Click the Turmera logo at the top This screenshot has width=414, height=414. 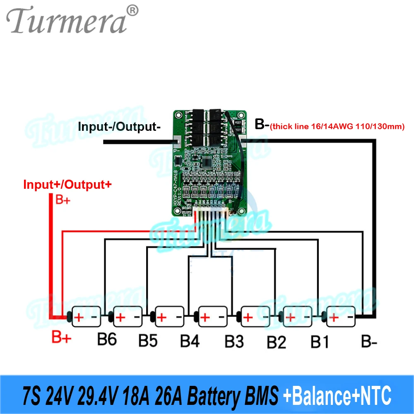click(x=66, y=21)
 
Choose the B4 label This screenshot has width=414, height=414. click(x=190, y=341)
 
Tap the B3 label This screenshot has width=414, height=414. click(x=234, y=342)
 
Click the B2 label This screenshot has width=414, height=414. click(x=277, y=342)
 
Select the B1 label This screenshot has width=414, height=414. click(x=320, y=342)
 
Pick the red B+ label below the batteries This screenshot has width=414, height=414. click(x=61, y=338)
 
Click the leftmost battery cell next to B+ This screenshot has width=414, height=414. click(x=87, y=317)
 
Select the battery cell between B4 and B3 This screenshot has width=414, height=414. click(x=213, y=317)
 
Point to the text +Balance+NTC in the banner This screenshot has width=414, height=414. click(x=337, y=396)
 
